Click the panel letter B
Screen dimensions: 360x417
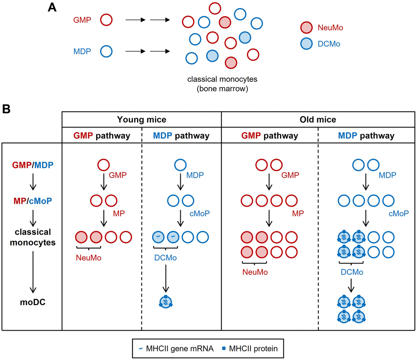(x=7, y=110)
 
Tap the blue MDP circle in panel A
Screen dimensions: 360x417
(x=106, y=51)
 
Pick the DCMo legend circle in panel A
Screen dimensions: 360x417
(x=307, y=44)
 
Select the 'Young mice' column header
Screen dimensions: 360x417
(x=141, y=120)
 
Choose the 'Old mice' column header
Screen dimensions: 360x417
(x=318, y=120)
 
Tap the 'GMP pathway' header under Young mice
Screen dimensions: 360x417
(x=102, y=135)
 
